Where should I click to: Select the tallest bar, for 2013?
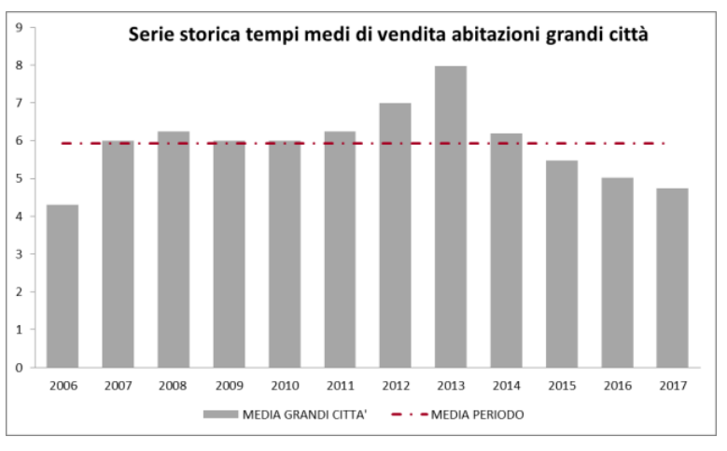[451, 217]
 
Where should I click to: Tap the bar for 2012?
[395, 235]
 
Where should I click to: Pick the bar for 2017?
[672, 277]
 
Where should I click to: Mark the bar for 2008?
[174, 249]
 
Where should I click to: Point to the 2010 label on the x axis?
[284, 384]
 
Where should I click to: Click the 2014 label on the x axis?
[506, 384]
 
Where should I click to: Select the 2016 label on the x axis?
[617, 384]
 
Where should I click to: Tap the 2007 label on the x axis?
[118, 384]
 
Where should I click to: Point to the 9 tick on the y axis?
[21, 27]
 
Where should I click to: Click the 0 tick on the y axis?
[21, 368]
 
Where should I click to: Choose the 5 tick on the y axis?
[21, 178]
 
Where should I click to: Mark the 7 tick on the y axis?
[21, 103]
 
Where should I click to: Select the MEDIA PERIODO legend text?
[478, 414]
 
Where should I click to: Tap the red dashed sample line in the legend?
[410, 414]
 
